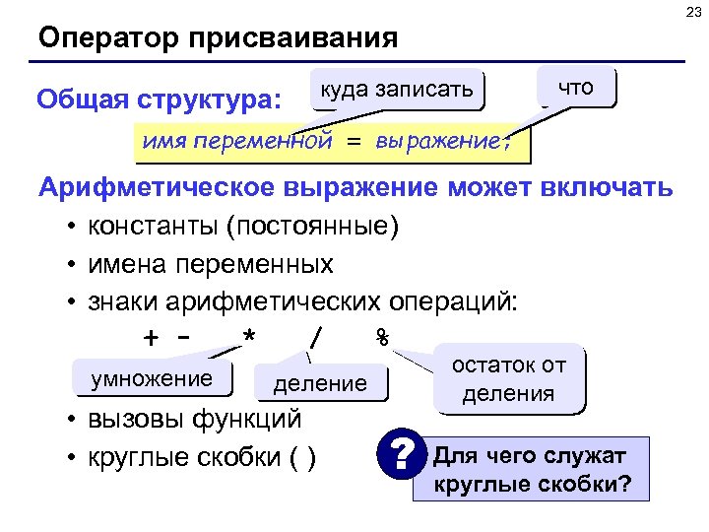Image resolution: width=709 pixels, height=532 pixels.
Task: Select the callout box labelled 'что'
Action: pyautogui.click(x=575, y=87)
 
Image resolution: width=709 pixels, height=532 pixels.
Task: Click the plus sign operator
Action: pyautogui.click(x=151, y=337)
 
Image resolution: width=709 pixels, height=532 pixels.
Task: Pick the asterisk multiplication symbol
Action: pyautogui.click(x=249, y=337)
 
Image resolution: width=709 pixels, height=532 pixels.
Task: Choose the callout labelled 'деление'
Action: pyautogui.click(x=320, y=383)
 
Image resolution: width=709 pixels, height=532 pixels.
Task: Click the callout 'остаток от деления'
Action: pyautogui.click(x=507, y=379)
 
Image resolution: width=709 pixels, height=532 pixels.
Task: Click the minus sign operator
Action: pyautogui.click(x=182, y=337)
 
